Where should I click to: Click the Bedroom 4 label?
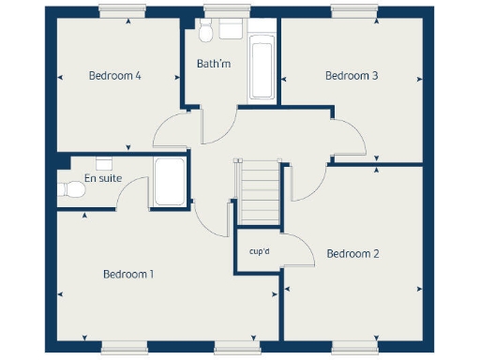click(x=114, y=76)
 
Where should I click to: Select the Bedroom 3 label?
click(x=352, y=76)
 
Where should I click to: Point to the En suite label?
click(x=101, y=178)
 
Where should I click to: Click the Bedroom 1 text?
click(x=128, y=275)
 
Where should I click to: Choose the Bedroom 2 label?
click(x=352, y=254)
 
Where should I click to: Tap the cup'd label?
click(x=260, y=251)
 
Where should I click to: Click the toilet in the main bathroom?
click(x=228, y=31)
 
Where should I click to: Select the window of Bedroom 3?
click(x=351, y=10)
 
